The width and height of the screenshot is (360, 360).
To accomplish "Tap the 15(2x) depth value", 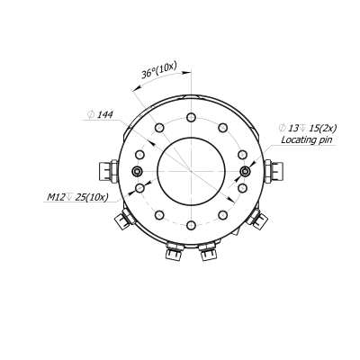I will click(314, 128).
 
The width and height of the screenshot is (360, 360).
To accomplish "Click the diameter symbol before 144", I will click(92, 115).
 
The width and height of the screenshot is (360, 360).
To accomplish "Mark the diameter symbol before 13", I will click(282, 128).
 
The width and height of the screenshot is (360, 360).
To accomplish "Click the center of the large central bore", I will click(191, 170).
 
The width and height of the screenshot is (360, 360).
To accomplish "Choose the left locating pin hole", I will click(137, 171).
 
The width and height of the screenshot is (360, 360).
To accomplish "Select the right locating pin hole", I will click(244, 171).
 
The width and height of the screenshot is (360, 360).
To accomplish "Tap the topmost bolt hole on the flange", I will click(191, 118).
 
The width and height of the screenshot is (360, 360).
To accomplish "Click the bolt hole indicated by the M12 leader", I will click(139, 187).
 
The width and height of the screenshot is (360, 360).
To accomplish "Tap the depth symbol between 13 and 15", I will click(302, 128).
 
